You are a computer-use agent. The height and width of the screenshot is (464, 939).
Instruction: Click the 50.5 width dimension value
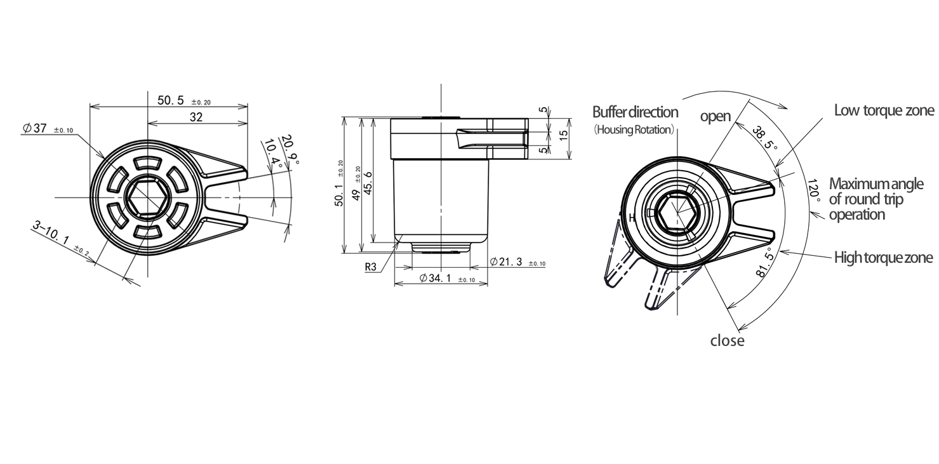coord(171,100)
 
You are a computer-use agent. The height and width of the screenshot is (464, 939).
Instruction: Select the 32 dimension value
coord(196,117)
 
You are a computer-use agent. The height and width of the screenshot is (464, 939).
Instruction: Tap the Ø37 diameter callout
coord(35,128)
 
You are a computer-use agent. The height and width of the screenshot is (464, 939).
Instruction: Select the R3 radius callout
coord(371,267)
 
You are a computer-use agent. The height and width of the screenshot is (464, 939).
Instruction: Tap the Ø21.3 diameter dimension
coord(506,262)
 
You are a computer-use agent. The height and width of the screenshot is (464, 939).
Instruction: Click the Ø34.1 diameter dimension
coord(436,278)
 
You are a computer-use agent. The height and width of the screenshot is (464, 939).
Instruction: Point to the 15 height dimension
coord(564,135)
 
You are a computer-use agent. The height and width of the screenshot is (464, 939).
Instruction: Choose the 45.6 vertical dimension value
coord(368,183)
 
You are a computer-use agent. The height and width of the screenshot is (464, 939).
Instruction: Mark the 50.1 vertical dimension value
coord(339,195)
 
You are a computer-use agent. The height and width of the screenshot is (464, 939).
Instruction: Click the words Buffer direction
coord(635,112)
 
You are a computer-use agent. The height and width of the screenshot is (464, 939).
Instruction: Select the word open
coord(715,117)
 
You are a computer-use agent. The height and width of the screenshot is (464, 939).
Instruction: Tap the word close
coord(728,341)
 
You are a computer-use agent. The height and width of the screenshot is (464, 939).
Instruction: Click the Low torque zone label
coord(884,110)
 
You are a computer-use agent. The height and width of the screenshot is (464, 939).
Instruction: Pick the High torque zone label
coord(884,258)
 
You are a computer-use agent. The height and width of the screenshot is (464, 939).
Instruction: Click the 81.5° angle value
coord(766,262)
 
